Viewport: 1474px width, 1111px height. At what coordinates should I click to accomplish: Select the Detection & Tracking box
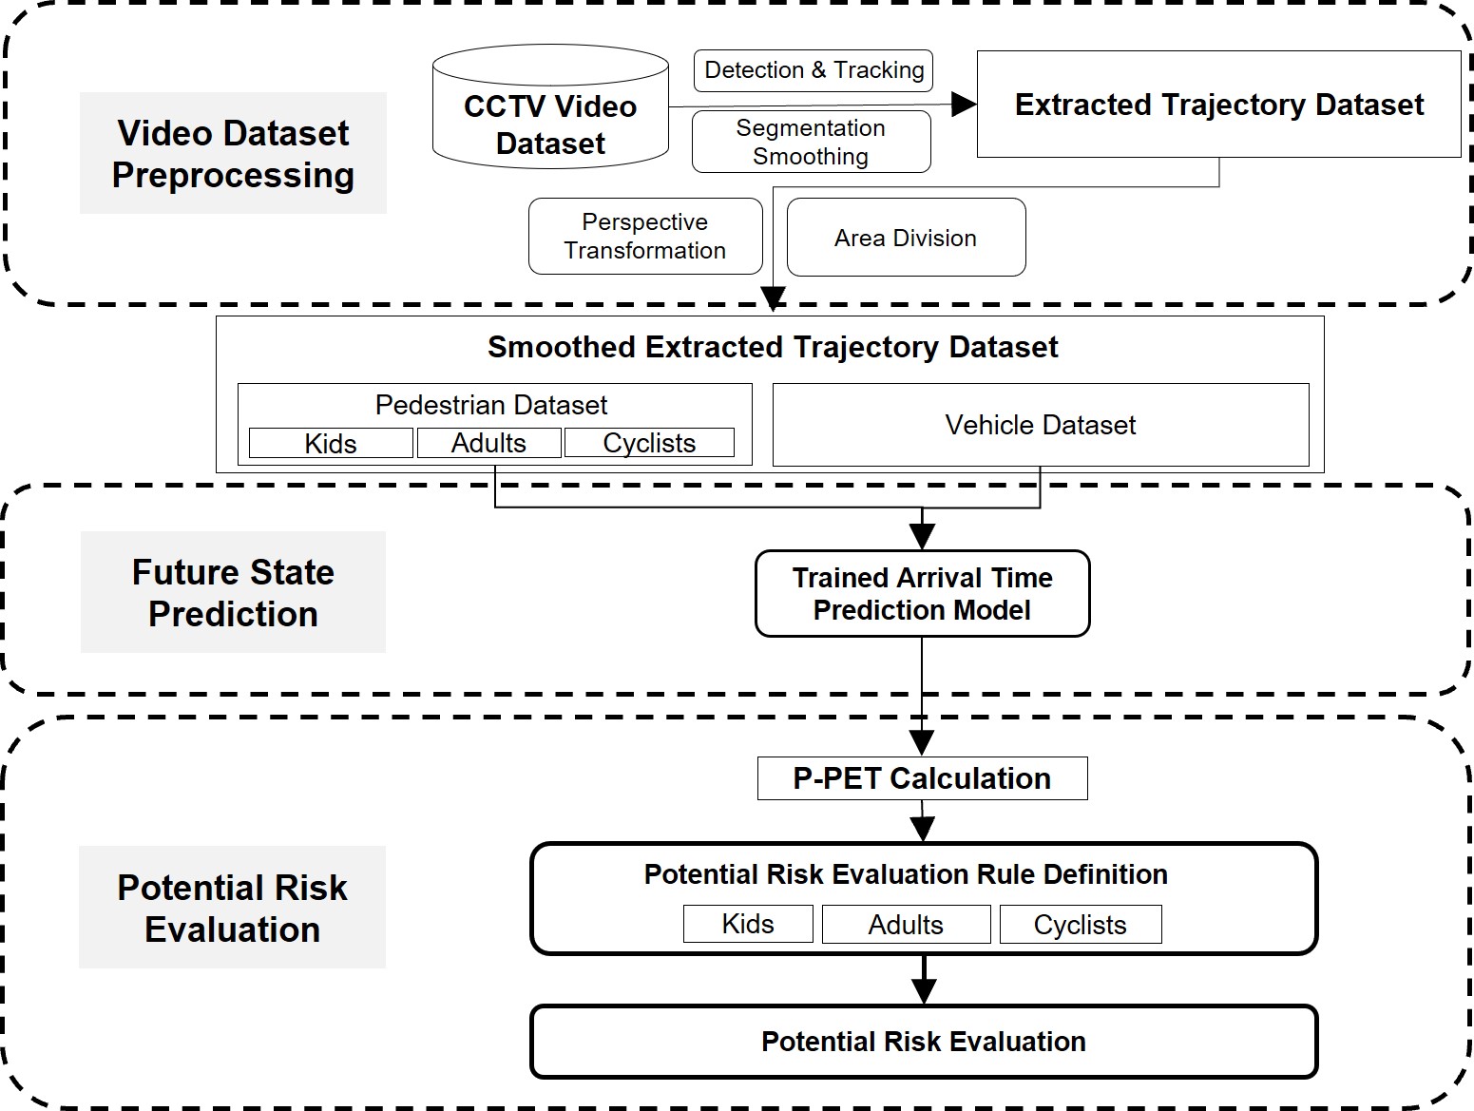pos(814,70)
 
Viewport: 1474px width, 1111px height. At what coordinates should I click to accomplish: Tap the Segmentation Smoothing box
pos(811,142)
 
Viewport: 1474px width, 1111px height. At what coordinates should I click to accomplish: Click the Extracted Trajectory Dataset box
pos(1218,105)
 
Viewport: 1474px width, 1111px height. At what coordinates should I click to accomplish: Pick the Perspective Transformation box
pos(645,236)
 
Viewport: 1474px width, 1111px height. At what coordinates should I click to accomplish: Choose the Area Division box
pos(906,238)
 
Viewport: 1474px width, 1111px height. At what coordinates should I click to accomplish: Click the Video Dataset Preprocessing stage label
pos(233,153)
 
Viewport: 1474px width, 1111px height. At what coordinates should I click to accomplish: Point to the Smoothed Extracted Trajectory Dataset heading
pos(772,347)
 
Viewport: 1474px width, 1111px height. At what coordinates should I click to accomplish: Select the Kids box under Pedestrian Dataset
pos(331,443)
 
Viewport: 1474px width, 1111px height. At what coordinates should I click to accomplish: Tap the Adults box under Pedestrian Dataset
pos(488,443)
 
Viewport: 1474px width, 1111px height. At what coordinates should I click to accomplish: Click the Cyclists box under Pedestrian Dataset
pos(649,443)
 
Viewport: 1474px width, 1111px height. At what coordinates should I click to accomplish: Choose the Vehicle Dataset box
pos(1041,425)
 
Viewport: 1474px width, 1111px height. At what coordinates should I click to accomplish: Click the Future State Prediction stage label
pos(233,592)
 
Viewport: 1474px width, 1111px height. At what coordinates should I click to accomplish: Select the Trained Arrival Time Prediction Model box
pos(922,593)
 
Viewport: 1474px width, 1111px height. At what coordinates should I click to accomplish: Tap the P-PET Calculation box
pos(922,778)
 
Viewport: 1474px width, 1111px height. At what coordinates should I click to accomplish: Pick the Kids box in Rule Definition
pos(748,924)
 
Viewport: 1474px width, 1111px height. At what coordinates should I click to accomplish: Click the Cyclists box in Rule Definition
pos(1080,924)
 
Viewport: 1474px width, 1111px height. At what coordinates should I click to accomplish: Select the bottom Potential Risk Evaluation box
pos(923,1042)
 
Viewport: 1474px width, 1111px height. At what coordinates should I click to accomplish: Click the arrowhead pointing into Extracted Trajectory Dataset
pos(964,105)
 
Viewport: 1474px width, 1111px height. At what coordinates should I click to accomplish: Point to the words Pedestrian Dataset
pos(491,405)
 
